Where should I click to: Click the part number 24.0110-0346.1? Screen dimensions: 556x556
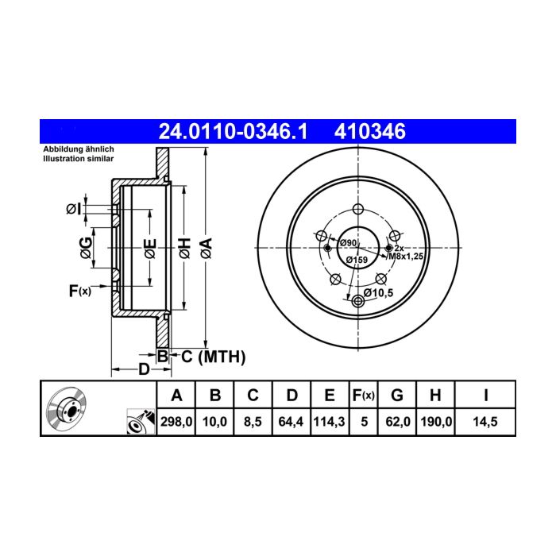tap(233, 132)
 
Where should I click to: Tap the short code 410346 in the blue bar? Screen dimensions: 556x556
tap(370, 132)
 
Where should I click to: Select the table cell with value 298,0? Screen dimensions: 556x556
tap(176, 422)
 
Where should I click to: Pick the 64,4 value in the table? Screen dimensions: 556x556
tap(291, 422)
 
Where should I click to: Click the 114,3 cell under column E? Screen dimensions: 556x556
tap(329, 422)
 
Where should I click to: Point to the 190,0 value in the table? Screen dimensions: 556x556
tap(436, 422)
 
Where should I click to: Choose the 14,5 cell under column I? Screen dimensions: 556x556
tap(485, 422)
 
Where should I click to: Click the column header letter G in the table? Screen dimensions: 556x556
tap(397, 395)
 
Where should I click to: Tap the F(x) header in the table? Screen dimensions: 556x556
tap(364, 395)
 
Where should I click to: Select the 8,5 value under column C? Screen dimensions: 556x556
tap(253, 422)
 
